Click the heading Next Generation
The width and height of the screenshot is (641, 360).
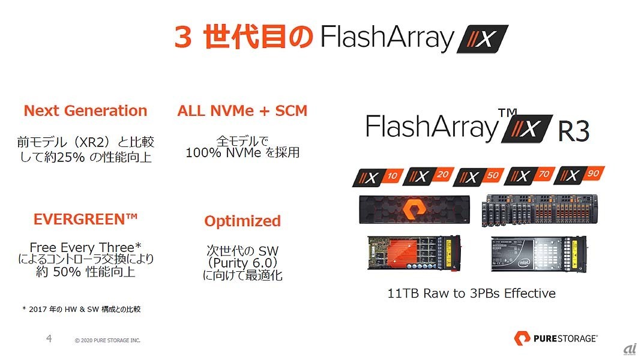pos(85,111)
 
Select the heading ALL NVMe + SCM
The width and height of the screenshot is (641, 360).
pos(242,111)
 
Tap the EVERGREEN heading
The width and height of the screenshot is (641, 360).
pos(85,218)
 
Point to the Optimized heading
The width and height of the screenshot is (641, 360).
pos(242,221)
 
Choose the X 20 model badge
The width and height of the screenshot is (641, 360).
pos(426,176)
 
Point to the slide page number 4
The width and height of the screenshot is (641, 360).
pos(49,339)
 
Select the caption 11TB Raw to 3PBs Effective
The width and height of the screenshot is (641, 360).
pos(471,293)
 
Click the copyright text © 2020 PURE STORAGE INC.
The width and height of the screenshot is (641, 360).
pos(107,341)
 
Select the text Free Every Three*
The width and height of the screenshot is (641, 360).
pos(85,247)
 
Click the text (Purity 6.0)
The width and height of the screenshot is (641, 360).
pos(242,263)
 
